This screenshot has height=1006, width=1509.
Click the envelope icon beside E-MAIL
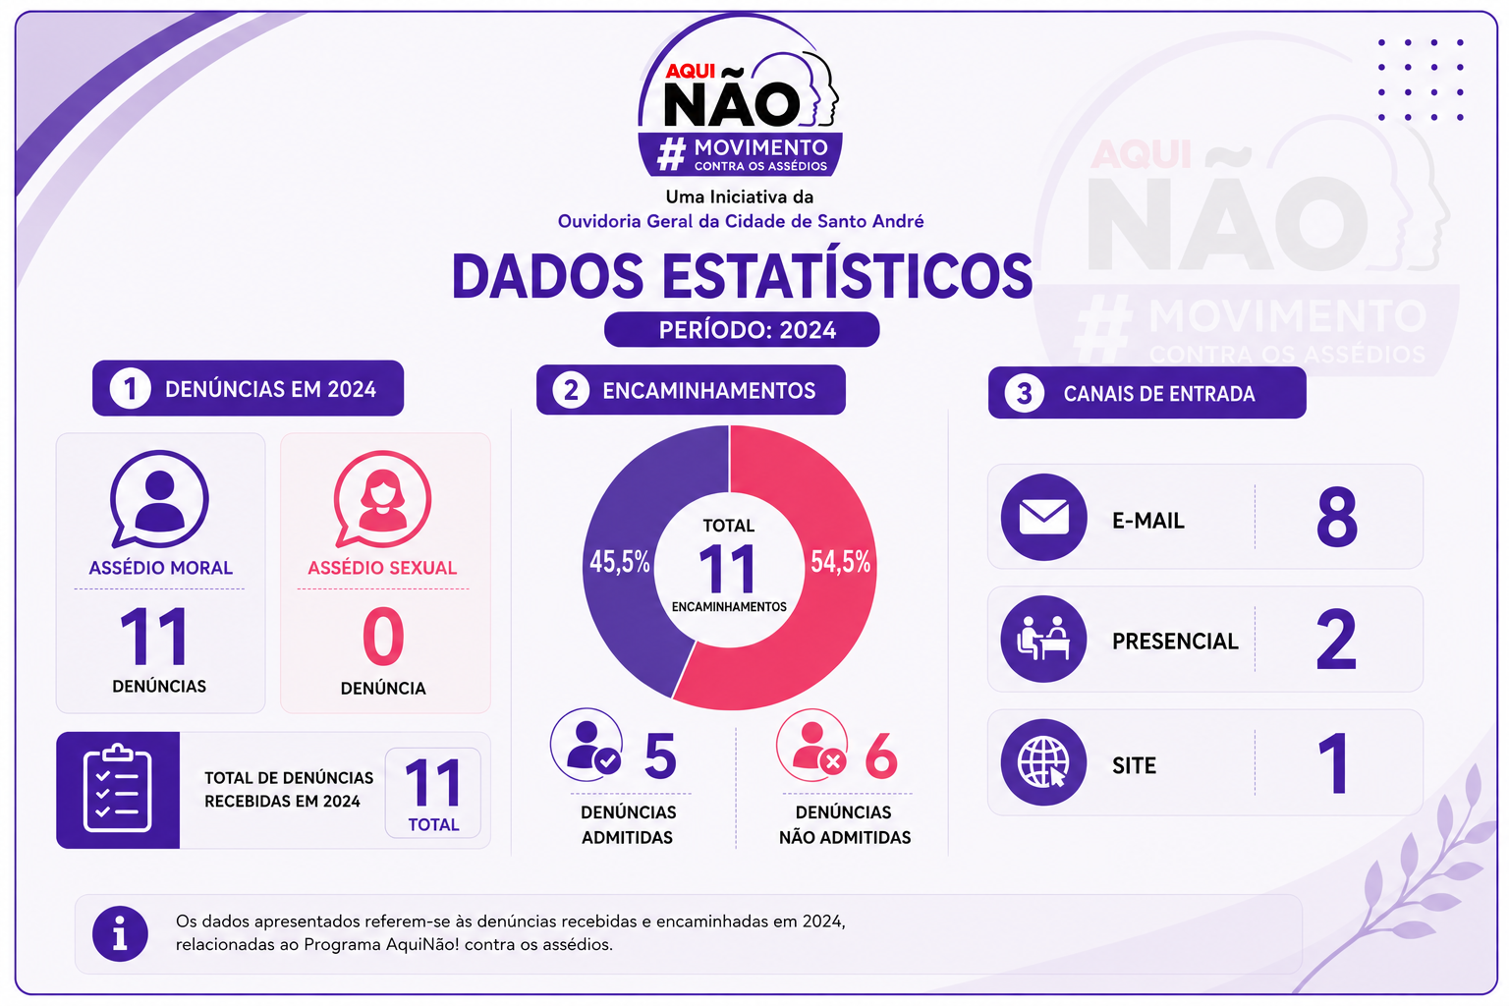[1043, 517]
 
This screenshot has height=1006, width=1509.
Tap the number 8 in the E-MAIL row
[1336, 517]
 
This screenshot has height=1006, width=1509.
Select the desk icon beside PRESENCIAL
[1043, 639]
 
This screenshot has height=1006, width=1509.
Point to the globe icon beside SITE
[1043, 762]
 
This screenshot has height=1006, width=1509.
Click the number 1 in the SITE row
[1334, 762]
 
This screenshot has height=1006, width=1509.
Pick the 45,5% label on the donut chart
[620, 561]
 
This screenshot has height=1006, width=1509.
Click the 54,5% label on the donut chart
[840, 561]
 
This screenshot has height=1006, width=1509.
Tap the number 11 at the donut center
[728, 569]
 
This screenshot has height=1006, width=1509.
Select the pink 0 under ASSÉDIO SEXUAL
[383, 636]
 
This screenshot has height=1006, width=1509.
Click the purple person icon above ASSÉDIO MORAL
[160, 499]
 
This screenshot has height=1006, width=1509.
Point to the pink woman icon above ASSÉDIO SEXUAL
[382, 499]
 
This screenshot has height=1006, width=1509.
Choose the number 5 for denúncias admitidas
[660, 755]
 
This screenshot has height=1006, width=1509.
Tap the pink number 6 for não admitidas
[881, 755]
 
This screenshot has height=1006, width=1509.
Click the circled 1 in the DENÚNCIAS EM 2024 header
[130, 388]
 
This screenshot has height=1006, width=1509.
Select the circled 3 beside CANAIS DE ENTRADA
[1024, 393]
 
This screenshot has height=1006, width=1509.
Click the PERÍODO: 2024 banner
[742, 329]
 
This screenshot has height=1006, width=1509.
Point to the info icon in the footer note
[120, 933]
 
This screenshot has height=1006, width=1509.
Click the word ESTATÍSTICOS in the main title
[847, 275]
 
